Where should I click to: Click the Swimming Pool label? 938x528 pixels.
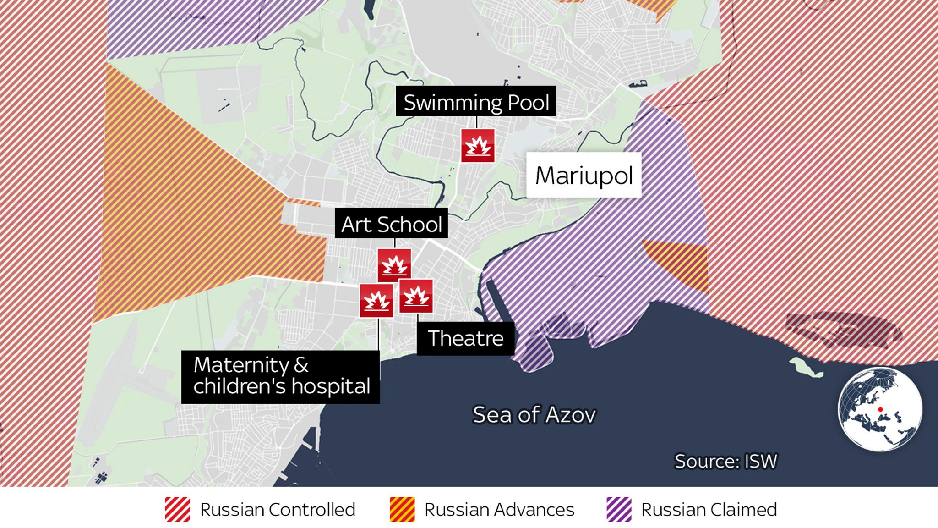click(x=475, y=102)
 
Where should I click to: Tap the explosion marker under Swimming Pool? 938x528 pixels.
click(x=478, y=146)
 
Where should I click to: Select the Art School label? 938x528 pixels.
click(x=391, y=224)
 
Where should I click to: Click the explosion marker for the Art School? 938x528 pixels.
click(x=394, y=265)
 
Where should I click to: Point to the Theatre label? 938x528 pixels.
click(x=465, y=338)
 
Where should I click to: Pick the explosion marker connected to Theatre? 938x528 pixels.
click(x=416, y=296)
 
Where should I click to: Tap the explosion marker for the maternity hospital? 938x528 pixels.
click(x=376, y=301)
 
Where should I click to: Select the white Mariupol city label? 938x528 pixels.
click(x=584, y=175)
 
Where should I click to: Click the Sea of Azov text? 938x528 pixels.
click(x=534, y=415)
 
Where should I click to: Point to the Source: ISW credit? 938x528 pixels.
click(x=726, y=461)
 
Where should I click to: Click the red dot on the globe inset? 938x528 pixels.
click(x=880, y=409)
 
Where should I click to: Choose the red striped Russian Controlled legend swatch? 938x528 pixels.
click(x=178, y=509)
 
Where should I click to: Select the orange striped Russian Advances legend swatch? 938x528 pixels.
click(x=402, y=509)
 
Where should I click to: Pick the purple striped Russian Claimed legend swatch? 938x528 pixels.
click(x=619, y=509)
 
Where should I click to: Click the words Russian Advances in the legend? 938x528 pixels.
click(x=499, y=510)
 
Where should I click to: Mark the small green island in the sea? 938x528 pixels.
click(x=805, y=367)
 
